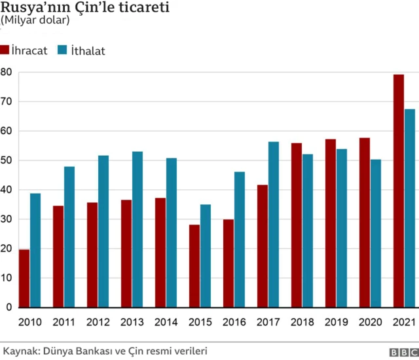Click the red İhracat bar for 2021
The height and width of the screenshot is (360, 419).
pyautogui.click(x=399, y=190)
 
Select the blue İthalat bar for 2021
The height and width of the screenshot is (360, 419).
pyautogui.click(x=410, y=208)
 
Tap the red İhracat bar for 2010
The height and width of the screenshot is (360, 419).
pyautogui.click(x=24, y=278)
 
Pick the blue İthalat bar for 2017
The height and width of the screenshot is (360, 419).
pyautogui.click(x=274, y=225)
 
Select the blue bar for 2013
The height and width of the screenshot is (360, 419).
pyautogui.click(x=137, y=229)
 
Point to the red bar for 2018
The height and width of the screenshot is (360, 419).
pyautogui.click(x=297, y=225)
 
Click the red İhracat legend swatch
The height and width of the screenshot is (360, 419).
pyautogui.click(x=5, y=50)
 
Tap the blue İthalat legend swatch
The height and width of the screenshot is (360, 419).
pyautogui.click(x=63, y=50)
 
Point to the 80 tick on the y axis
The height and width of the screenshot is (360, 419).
pyautogui.click(x=6, y=72)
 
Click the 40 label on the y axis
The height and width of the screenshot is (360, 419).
pyautogui.click(x=6, y=190)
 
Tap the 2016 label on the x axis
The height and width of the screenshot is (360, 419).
pyautogui.click(x=234, y=323)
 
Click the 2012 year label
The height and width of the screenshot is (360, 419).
pyautogui.click(x=98, y=323)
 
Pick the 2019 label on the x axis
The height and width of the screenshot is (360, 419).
pyautogui.click(x=336, y=323)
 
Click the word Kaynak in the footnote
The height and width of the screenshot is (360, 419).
pyautogui.click(x=19, y=350)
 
